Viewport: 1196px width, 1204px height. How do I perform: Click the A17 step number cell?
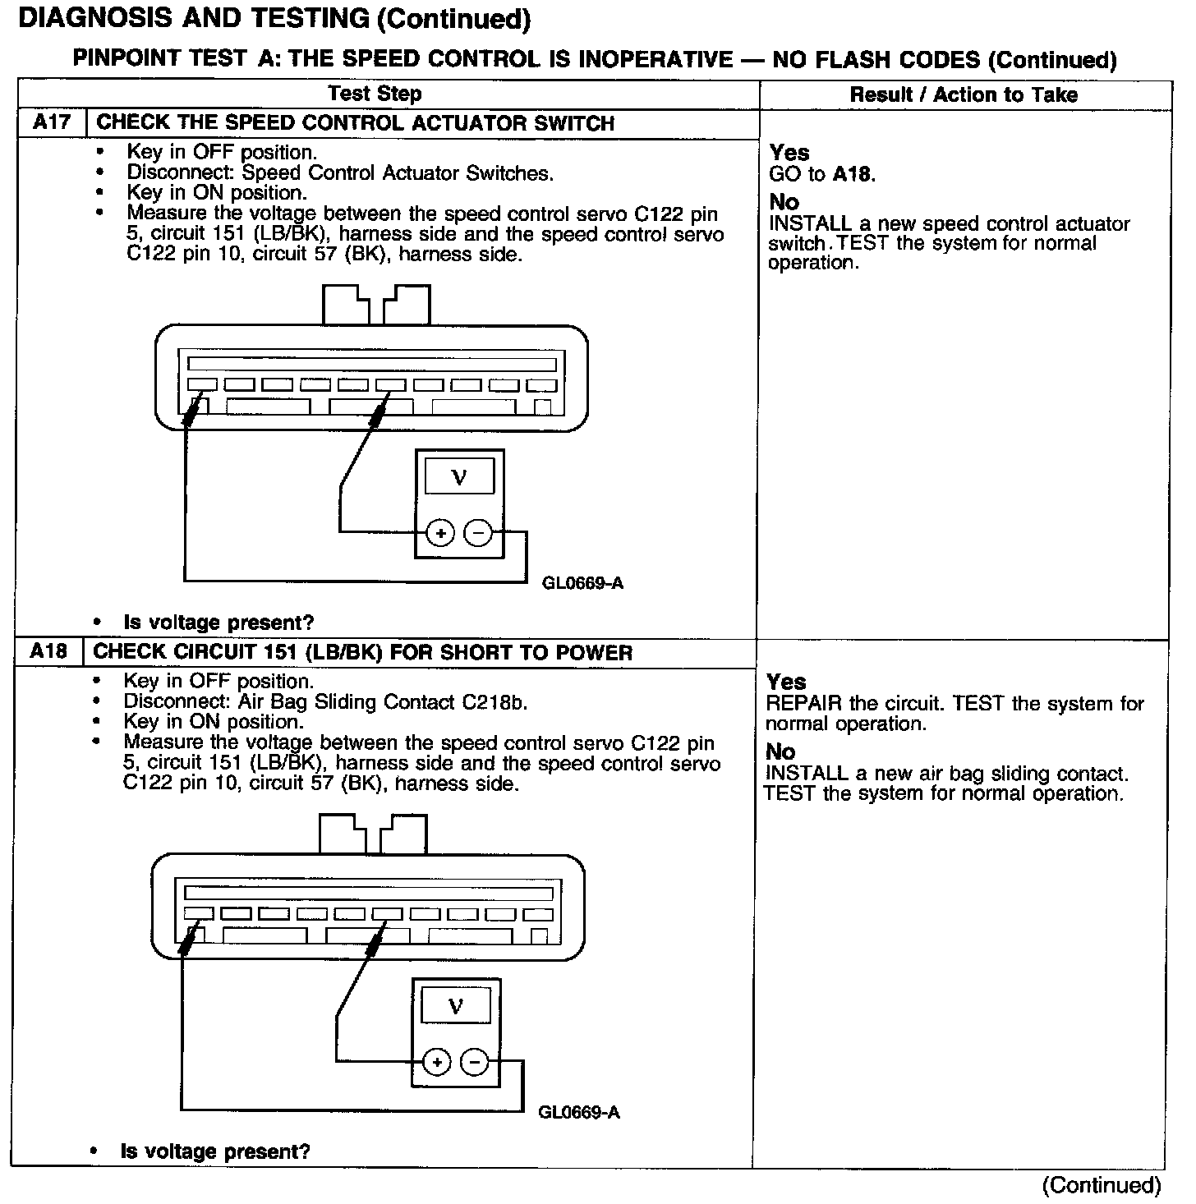52,123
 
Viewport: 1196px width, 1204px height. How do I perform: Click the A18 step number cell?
48,652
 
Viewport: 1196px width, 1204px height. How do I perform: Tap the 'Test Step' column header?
375,94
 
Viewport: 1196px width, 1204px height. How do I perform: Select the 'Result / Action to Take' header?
963,94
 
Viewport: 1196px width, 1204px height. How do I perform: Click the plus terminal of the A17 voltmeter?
441,534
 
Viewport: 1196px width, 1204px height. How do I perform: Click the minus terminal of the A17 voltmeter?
478,534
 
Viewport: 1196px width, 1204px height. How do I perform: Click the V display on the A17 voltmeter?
459,477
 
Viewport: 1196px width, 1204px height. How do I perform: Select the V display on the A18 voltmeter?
456,1006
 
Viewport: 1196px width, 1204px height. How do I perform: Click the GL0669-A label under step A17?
582,583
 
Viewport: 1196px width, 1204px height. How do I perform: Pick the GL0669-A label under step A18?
579,1113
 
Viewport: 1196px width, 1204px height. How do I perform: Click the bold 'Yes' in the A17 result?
789,153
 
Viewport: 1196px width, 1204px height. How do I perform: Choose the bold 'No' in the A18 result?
780,751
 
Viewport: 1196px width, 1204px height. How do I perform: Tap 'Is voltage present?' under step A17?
218,623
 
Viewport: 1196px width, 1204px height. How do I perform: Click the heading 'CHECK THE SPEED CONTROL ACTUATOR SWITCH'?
356,123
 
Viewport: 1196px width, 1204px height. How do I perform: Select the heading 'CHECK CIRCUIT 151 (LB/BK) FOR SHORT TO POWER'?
362,653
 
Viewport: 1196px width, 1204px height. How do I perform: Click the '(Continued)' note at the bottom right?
1101,1185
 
